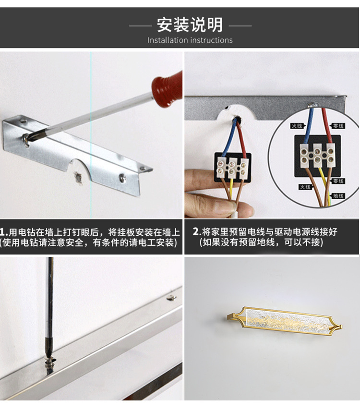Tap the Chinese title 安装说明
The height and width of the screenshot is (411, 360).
(190, 24)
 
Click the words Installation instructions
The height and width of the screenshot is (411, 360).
(190, 40)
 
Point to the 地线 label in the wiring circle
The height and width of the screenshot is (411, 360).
(338, 196)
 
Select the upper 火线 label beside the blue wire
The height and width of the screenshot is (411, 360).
(297, 126)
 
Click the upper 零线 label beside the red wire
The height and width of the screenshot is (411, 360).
(338, 126)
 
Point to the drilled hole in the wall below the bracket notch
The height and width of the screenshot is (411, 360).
(77, 178)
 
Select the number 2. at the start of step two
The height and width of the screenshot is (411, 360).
(195, 231)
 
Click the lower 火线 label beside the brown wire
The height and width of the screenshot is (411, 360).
(305, 187)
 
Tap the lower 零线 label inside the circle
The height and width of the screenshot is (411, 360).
(338, 181)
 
